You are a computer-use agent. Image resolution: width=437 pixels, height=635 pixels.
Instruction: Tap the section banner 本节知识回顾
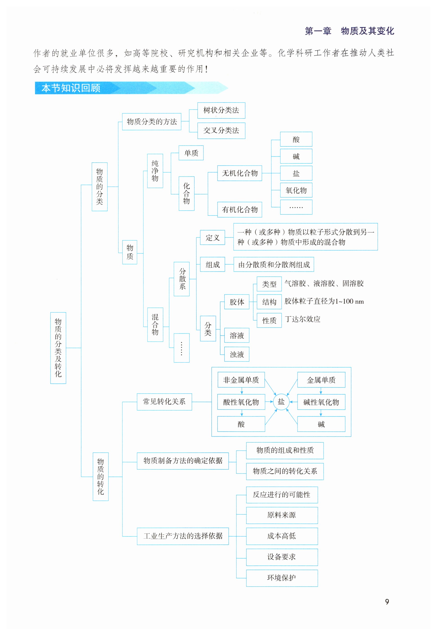click(71, 88)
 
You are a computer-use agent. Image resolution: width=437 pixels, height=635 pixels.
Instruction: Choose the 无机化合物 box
click(240, 173)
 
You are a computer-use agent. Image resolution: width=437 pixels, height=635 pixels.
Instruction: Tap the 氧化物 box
click(296, 190)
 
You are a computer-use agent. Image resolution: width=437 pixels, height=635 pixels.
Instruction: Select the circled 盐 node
click(281, 402)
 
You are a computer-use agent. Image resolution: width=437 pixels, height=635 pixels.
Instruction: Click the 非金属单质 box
click(241, 380)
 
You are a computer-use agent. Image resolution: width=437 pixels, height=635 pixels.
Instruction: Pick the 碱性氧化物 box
click(321, 402)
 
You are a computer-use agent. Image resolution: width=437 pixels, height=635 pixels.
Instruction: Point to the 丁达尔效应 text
click(303, 319)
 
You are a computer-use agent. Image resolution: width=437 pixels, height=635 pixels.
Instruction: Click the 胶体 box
click(237, 302)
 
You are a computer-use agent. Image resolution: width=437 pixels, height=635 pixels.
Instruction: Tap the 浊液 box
click(237, 355)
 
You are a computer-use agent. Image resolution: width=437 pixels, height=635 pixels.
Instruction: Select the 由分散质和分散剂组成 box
click(274, 265)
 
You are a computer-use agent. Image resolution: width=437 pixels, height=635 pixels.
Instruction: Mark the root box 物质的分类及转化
click(58, 348)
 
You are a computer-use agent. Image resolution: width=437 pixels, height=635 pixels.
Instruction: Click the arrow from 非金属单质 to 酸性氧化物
click(242, 391)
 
